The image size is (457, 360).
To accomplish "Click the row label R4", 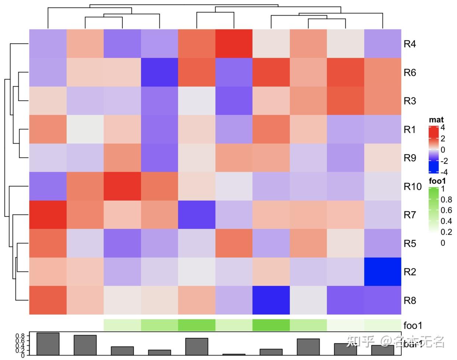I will click(409, 44).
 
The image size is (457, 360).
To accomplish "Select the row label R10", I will click(412, 186).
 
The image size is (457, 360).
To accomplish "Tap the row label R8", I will click(409, 300).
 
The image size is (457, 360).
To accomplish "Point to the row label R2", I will click(409, 272).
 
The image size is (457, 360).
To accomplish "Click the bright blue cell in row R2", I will click(382, 272).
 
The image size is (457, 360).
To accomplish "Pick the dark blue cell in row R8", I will click(271, 300).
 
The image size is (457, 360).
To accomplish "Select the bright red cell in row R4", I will click(234, 44).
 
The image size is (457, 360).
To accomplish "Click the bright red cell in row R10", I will click(122, 186).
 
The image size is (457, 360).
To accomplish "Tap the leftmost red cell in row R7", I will click(48, 215).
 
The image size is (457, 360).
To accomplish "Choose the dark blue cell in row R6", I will click(159, 72).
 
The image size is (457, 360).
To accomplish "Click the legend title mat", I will click(436, 120).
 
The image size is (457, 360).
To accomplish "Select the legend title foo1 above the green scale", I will click(437, 181).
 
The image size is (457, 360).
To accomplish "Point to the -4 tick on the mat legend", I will click(444, 172).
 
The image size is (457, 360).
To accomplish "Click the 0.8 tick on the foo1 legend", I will click(446, 200).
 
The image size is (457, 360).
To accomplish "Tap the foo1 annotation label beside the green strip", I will click(413, 325).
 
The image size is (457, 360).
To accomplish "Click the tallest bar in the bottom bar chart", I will click(48, 344).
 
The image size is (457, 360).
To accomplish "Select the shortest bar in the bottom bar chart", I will click(234, 354).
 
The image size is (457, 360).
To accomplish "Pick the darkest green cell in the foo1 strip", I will click(271, 325).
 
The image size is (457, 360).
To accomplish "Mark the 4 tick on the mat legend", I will click(443, 128).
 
